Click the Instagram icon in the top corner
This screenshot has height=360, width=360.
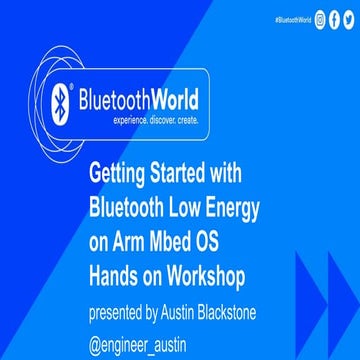coord(319,19)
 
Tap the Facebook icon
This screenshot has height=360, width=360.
coord(334,19)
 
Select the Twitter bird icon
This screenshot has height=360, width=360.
coord(348,19)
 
